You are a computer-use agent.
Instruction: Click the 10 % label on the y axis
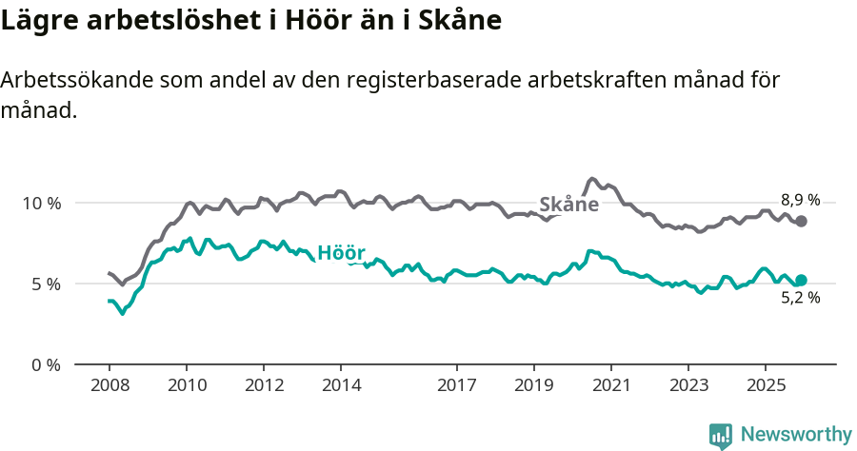[x=41, y=203]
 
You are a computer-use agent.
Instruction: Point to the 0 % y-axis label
[x=46, y=364]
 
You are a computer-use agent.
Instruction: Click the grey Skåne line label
[x=568, y=205]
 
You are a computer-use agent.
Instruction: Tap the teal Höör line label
[x=341, y=253]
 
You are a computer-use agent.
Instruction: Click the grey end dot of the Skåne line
[x=802, y=221]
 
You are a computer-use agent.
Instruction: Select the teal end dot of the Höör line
[x=802, y=280]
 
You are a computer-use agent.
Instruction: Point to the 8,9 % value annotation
[x=800, y=200]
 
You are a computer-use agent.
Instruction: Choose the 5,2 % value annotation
[x=800, y=298]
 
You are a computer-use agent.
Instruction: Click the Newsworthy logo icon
[x=721, y=435]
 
